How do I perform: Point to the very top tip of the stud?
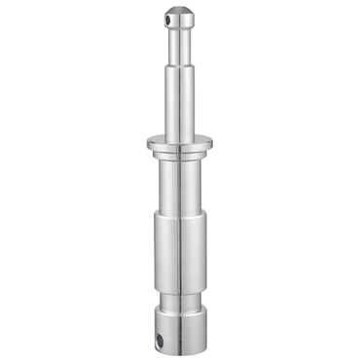(177, 8)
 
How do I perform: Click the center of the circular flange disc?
(178, 143)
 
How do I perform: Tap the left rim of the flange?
(148, 144)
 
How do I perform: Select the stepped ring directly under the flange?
(178, 159)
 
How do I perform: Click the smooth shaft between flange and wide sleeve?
(178, 190)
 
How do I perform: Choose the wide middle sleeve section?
(178, 248)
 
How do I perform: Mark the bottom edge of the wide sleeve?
(178, 282)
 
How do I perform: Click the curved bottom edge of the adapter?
(178, 351)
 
